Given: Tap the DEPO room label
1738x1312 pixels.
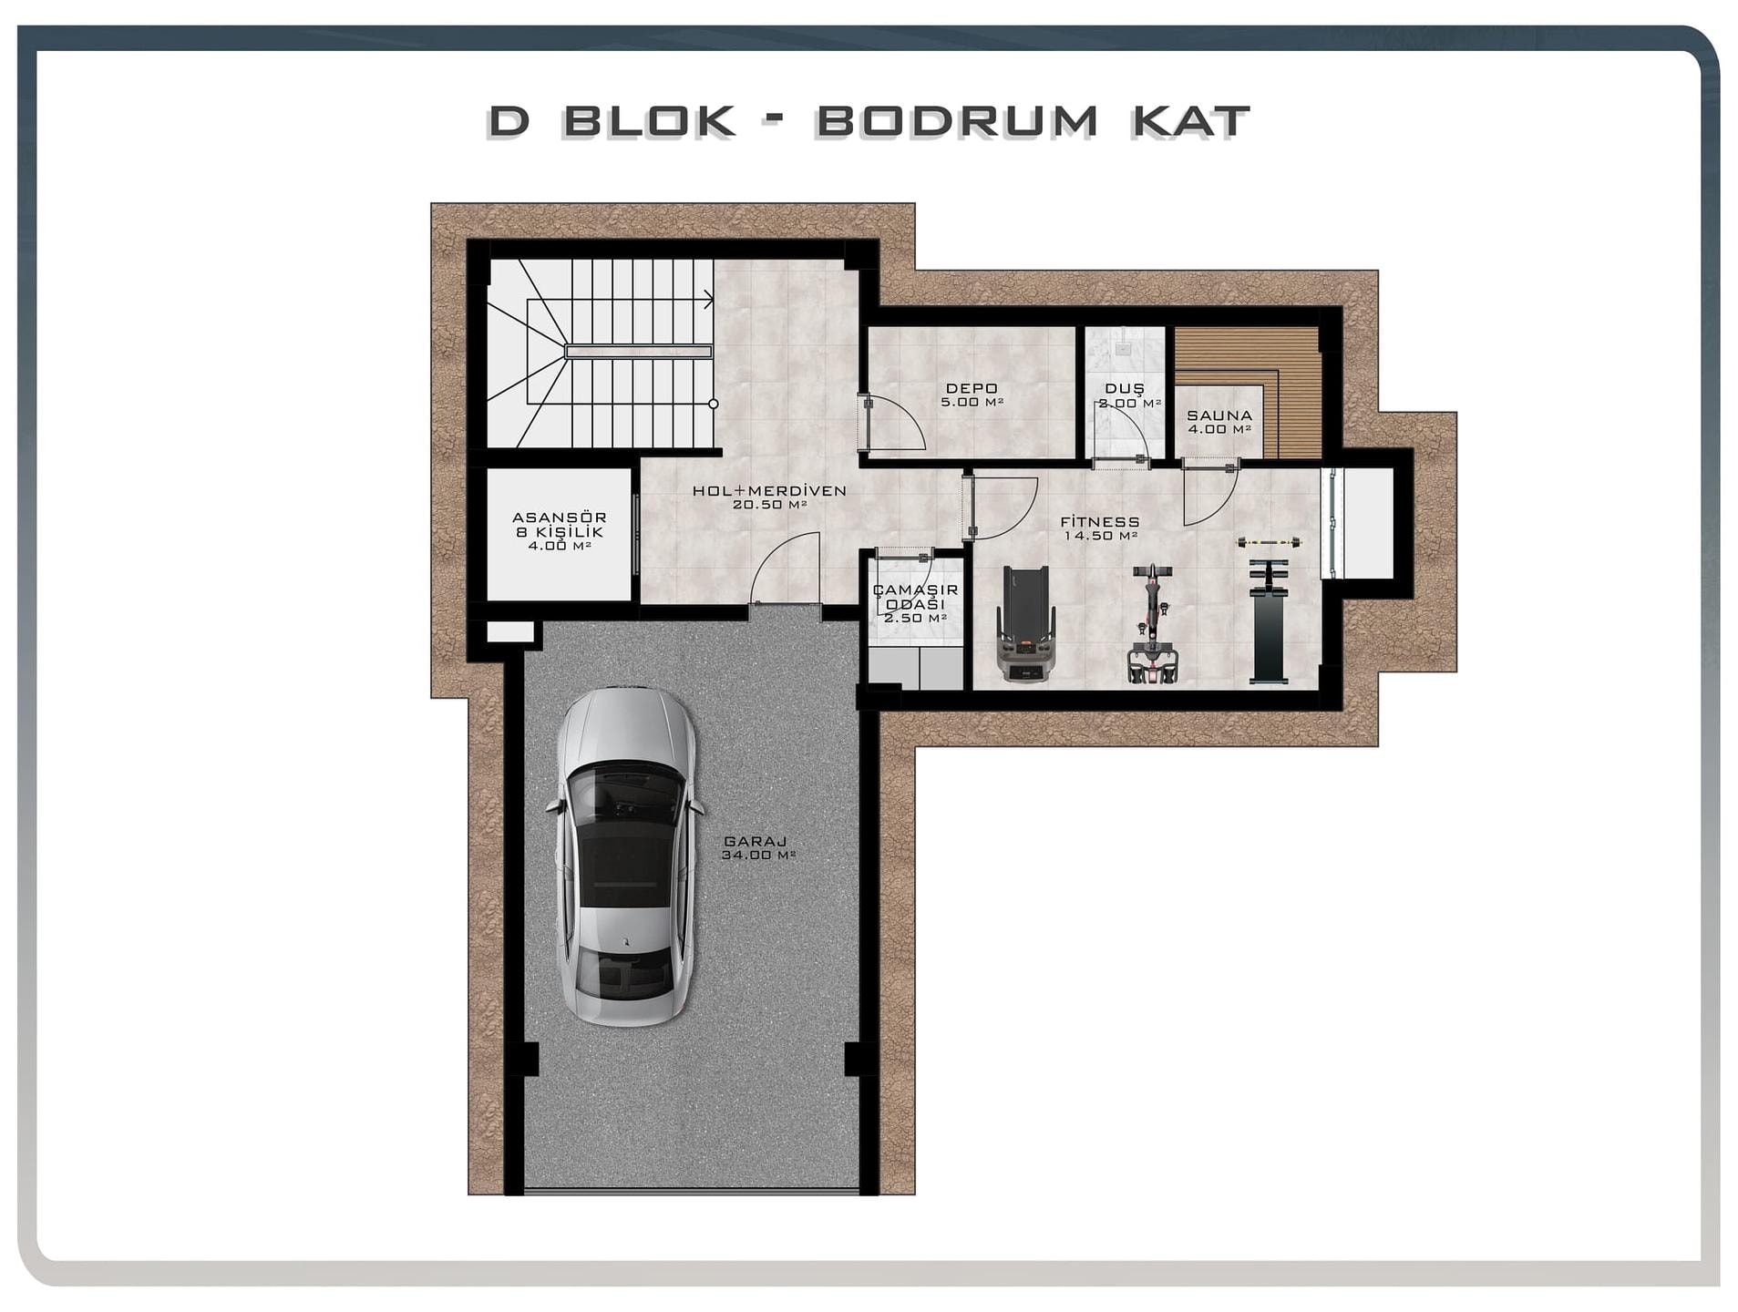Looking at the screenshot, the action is click(x=972, y=389).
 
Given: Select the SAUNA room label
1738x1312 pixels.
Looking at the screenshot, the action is click(x=1219, y=415).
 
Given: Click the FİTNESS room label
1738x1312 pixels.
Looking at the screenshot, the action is click(x=1099, y=522).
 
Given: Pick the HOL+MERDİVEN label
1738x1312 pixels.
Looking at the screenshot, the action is click(x=769, y=490).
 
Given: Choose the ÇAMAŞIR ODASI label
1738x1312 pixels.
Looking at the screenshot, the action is click(x=915, y=598).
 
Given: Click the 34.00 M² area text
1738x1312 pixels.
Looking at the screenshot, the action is click(x=758, y=856).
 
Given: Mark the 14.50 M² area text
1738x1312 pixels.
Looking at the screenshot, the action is click(x=1100, y=536).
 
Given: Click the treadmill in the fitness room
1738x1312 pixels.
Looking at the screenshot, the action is click(x=1027, y=623).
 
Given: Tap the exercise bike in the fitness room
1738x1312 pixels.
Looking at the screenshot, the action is click(x=1152, y=623).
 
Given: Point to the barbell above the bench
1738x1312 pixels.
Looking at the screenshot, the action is click(x=1268, y=543).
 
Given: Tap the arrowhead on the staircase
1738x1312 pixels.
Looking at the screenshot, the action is click(x=708, y=298).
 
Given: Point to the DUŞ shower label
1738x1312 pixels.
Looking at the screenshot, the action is click(x=1125, y=389).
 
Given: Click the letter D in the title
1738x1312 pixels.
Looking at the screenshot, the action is click(x=509, y=121).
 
